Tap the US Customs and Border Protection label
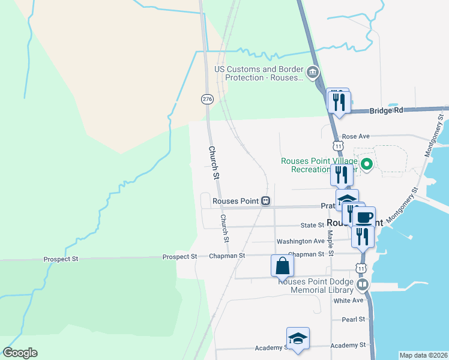click(260, 73)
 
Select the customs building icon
click(312, 73)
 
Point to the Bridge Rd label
click(387, 111)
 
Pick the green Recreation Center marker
click(367, 162)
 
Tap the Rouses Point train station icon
click(265, 201)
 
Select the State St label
click(312, 226)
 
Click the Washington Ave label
click(300, 241)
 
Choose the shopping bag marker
click(283, 265)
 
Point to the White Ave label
click(349, 300)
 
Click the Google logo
click(20, 353)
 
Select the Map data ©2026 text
click(423, 355)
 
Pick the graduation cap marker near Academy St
click(298, 339)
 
